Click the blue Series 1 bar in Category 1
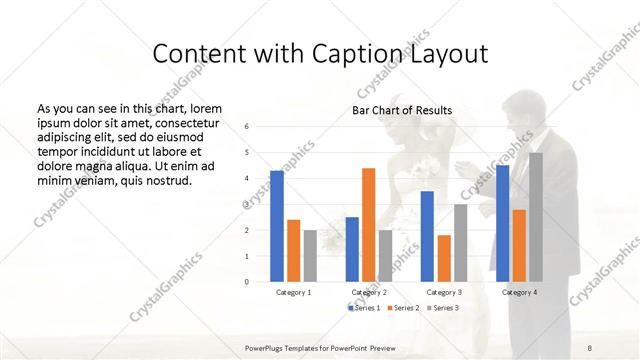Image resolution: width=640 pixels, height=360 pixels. [x=277, y=226]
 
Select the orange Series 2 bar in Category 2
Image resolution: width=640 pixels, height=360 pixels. [x=368, y=225]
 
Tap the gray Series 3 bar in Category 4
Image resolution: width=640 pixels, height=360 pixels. [x=536, y=217]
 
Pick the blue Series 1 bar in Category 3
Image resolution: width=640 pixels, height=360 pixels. [x=427, y=236]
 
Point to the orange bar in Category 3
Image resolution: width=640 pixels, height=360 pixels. [x=443, y=258]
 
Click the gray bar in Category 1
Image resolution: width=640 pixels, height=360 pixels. [x=310, y=255]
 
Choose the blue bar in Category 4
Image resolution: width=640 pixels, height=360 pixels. [x=502, y=223]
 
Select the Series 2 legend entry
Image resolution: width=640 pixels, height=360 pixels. [x=404, y=307]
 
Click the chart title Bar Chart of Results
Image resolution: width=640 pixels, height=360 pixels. [x=402, y=110]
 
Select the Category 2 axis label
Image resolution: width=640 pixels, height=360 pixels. [x=369, y=292]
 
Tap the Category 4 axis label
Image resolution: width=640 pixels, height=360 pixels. [x=519, y=292]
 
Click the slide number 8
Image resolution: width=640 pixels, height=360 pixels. [x=589, y=346]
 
